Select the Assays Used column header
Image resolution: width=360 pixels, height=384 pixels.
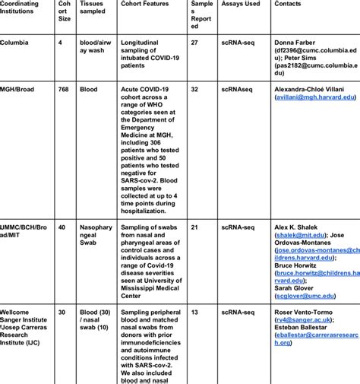240,4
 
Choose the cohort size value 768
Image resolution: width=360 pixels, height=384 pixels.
64,89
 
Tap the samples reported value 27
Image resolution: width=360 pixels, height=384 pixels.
195,43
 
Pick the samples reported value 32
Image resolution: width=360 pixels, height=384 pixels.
195,89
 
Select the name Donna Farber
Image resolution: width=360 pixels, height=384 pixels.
300,43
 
